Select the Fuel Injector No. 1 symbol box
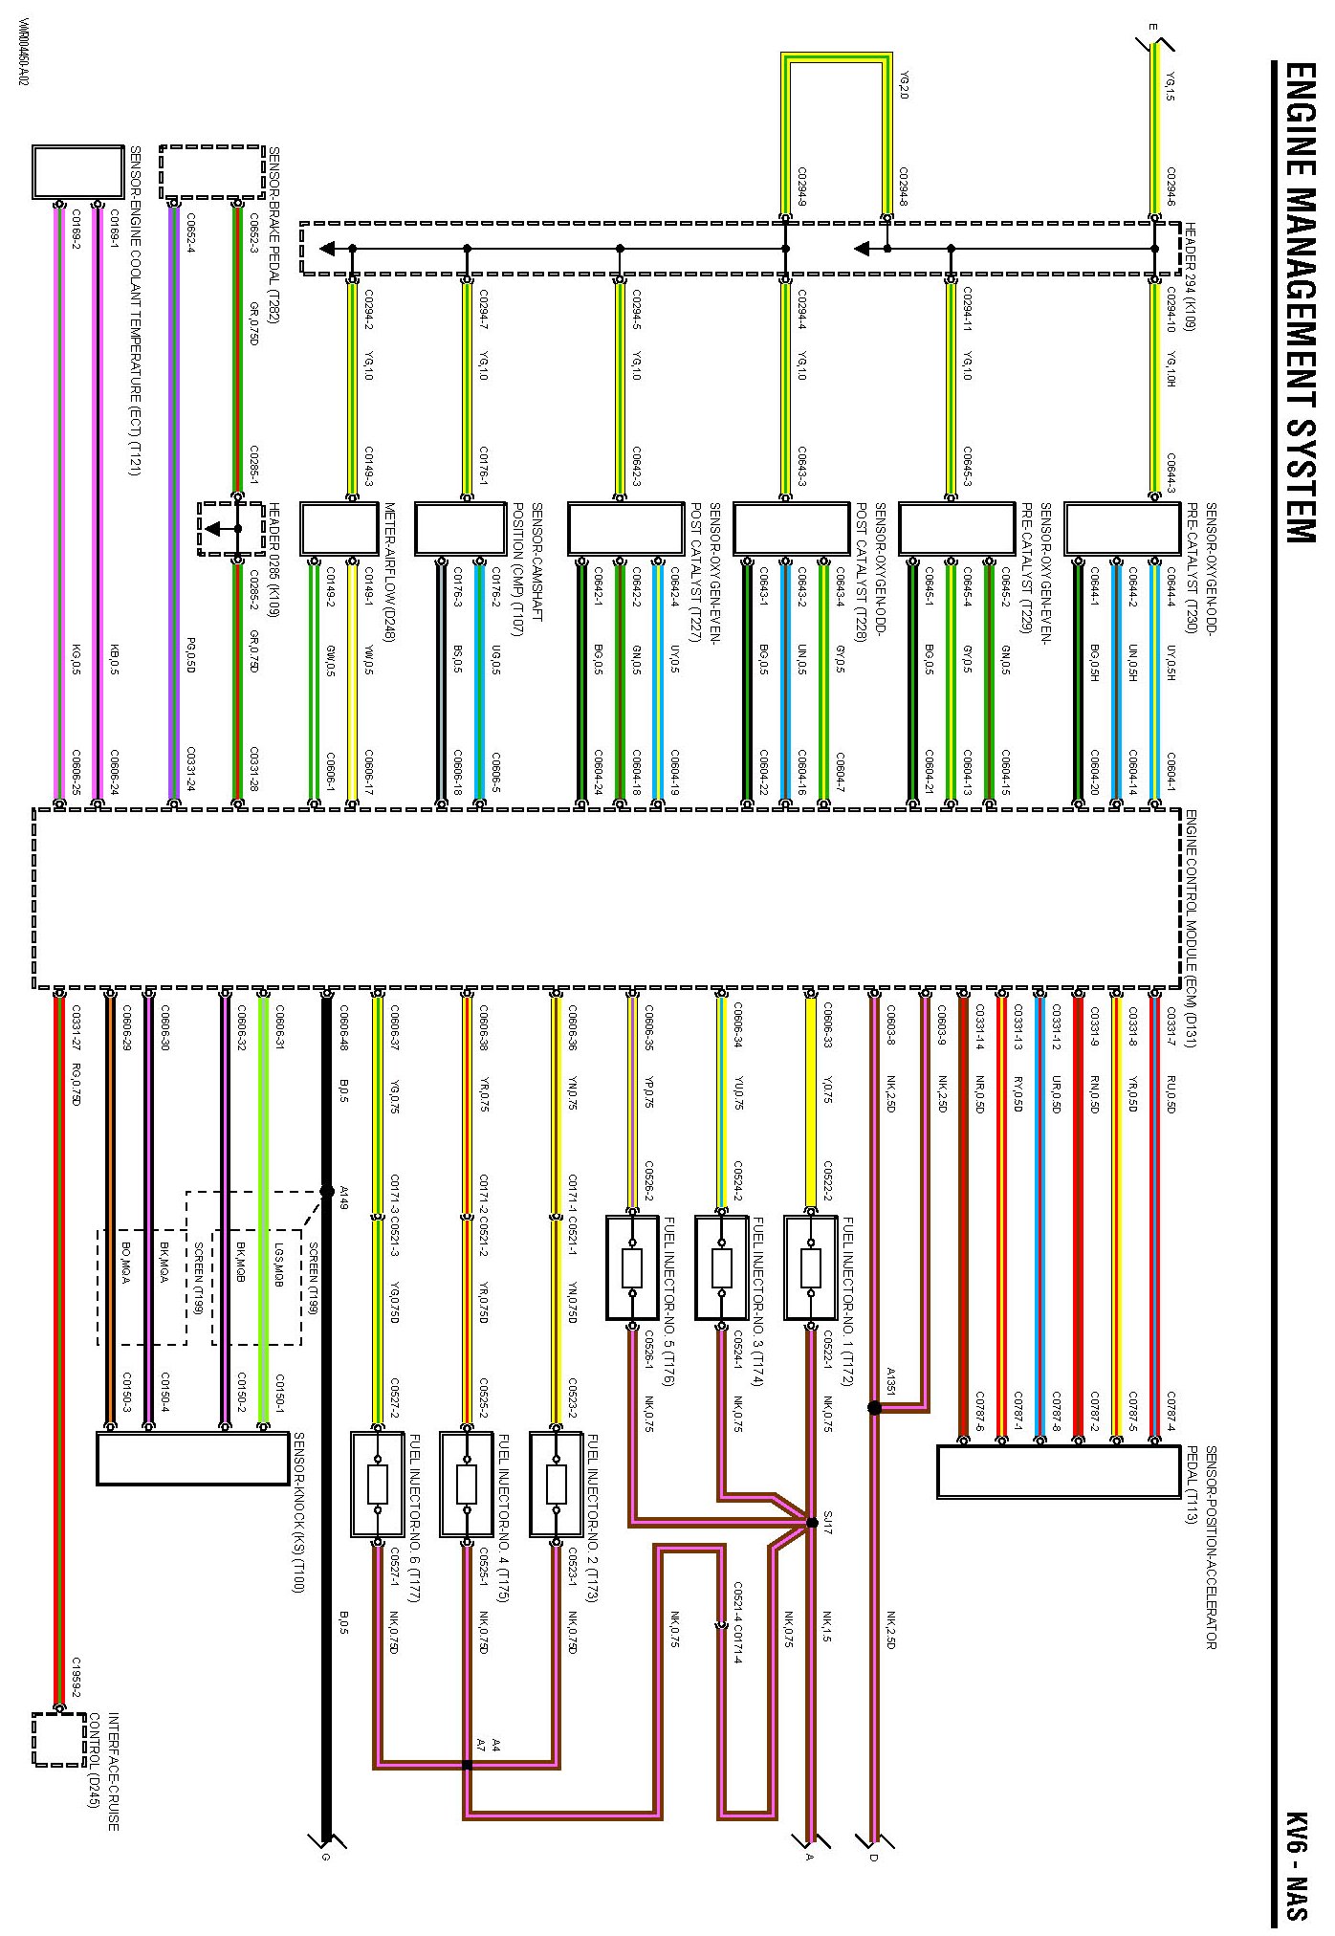click(811, 1268)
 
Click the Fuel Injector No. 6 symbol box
click(377, 1484)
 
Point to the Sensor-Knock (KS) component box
click(192, 1458)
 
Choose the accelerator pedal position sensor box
click(1059, 1471)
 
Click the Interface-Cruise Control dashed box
click(59, 1740)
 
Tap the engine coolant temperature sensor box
click(78, 173)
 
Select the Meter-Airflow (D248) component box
click(339, 529)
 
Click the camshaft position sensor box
click(460, 529)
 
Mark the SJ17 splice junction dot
click(812, 1523)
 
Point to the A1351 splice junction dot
click(874, 1407)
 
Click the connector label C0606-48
click(342, 1027)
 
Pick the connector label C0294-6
click(1171, 187)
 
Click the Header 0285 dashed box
click(231, 529)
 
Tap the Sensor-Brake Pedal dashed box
click(211, 173)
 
